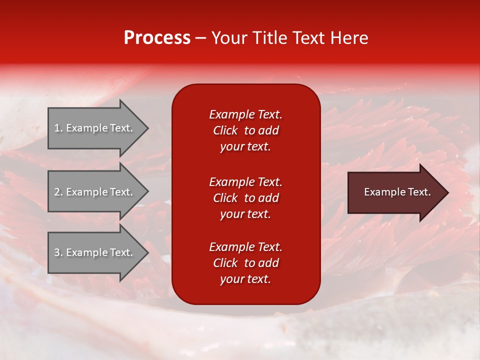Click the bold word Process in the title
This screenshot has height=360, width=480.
click(157, 38)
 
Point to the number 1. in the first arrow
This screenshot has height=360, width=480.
click(58, 128)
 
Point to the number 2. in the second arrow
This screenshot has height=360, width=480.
click(58, 192)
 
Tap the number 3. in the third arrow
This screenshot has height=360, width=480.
click(58, 252)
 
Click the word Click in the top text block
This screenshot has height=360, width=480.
click(225, 130)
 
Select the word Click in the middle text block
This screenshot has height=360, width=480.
click(225, 198)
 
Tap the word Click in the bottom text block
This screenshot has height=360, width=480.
click(225, 263)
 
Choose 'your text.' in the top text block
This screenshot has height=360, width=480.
click(245, 147)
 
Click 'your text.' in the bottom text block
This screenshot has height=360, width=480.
click(245, 279)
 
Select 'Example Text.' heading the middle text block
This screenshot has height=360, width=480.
click(245, 182)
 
